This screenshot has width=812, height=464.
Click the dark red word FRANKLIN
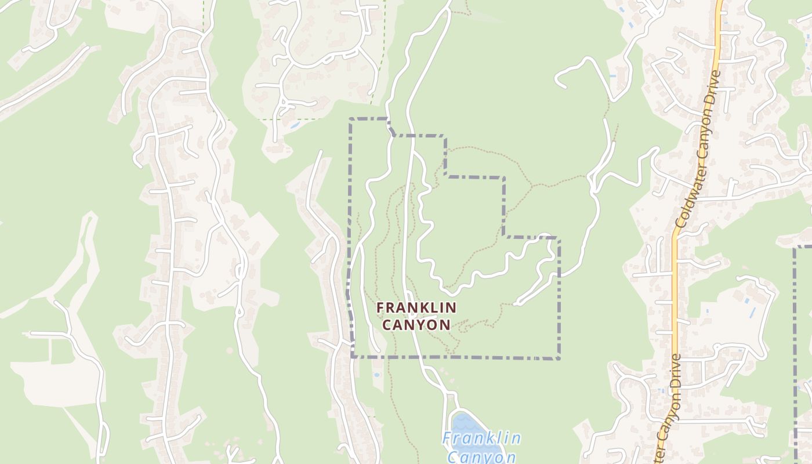(x=416, y=307)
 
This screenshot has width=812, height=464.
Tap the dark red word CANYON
(x=416, y=324)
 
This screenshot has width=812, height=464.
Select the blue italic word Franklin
(x=481, y=438)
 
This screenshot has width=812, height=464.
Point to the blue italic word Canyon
(x=481, y=456)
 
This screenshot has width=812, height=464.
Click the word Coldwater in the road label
(x=683, y=197)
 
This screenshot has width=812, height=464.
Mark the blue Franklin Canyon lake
(x=473, y=429)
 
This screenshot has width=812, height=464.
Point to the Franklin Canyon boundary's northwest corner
(x=351, y=119)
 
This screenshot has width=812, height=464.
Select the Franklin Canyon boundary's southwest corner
(x=353, y=357)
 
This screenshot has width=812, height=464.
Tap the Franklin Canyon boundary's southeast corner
(x=559, y=358)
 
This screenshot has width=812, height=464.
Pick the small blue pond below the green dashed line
(x=295, y=124)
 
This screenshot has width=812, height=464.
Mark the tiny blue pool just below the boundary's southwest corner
(x=378, y=375)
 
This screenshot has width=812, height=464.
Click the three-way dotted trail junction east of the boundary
(x=532, y=186)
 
